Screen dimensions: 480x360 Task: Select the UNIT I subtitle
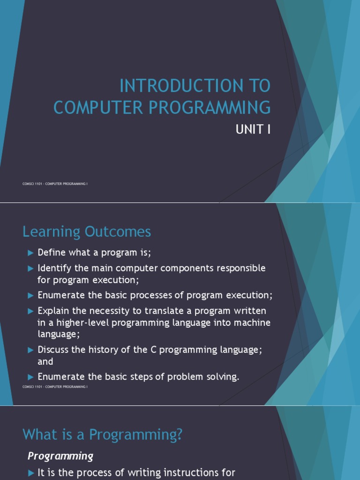[253, 129]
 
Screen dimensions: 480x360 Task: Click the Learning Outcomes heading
[87, 232]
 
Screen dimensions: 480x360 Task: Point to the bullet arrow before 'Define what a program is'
[31, 253]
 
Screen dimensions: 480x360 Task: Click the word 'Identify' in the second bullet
[54, 268]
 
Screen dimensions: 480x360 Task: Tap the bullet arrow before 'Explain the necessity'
[31, 311]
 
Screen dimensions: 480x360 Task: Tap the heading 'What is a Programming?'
[102, 435]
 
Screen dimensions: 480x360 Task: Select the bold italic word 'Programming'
[60, 456]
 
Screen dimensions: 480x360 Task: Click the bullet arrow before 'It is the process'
[31, 472]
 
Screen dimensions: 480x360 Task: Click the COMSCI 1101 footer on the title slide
[55, 184]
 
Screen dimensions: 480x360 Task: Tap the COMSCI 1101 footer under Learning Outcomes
[55, 387]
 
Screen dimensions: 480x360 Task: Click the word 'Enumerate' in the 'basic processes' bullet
[60, 295]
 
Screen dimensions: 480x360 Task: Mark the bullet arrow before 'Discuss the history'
[31, 350]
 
